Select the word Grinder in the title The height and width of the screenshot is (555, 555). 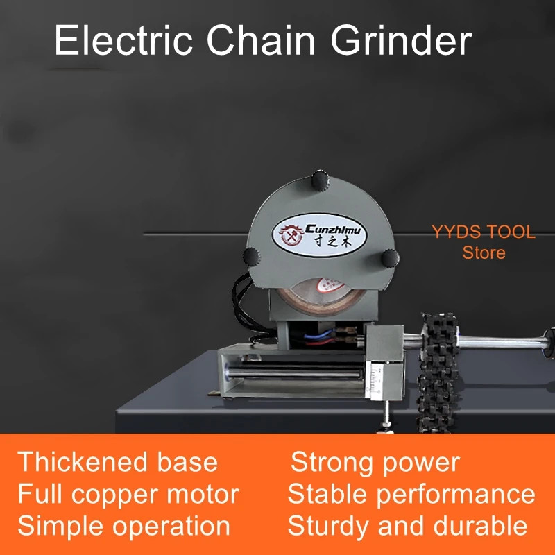(401, 41)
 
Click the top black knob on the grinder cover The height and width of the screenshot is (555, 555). (321, 180)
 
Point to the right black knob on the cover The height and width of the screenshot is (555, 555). (389, 257)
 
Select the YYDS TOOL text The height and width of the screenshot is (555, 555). (484, 232)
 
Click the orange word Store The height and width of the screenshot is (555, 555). (484, 253)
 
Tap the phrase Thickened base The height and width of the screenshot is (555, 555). (118, 462)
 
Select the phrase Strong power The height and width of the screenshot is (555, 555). (375, 462)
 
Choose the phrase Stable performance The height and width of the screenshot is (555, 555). (411, 494)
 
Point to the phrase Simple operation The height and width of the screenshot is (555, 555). (123, 526)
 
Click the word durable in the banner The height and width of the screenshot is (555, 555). (479, 526)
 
